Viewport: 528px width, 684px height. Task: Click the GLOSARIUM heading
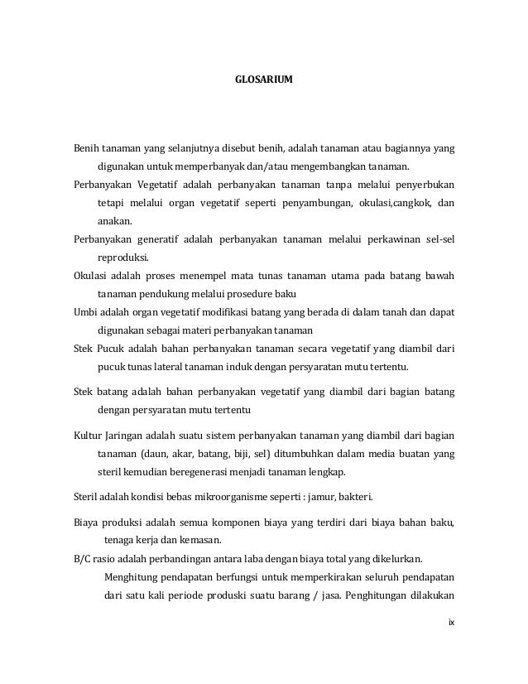click(263, 82)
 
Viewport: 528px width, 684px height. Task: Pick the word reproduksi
click(122, 258)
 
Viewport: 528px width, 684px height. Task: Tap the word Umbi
click(84, 312)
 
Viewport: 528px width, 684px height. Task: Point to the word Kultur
click(87, 435)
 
